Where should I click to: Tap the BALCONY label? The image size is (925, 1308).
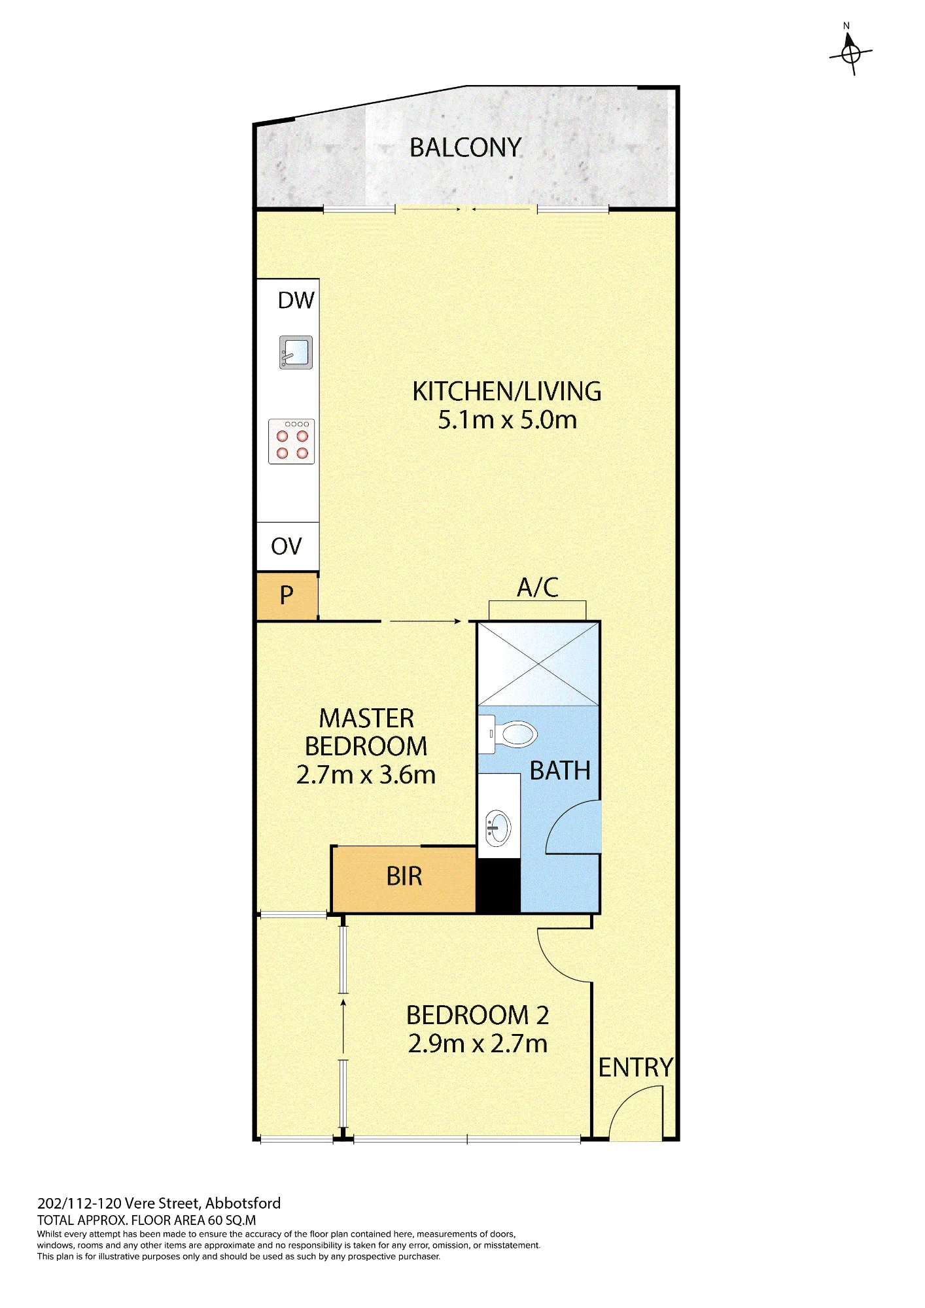click(465, 148)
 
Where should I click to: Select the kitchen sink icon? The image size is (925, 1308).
click(296, 353)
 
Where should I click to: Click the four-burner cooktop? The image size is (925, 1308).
click(292, 441)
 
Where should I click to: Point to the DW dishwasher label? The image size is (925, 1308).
click(296, 300)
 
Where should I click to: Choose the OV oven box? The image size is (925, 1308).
click(287, 547)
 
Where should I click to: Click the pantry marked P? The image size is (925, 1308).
click(287, 596)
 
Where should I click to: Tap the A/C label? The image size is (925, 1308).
click(538, 587)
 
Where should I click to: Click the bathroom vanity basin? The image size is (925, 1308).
click(498, 829)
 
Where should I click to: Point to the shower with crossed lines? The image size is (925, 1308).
click(538, 664)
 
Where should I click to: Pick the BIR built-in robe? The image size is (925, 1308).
click(404, 878)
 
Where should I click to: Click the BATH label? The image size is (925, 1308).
click(560, 771)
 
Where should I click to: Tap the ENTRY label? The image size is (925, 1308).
click(635, 1068)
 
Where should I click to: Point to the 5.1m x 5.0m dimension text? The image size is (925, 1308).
click(508, 420)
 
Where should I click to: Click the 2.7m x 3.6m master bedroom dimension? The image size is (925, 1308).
click(366, 775)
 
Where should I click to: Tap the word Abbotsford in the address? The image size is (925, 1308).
click(243, 1203)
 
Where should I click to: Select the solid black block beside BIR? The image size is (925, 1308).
click(498, 886)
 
